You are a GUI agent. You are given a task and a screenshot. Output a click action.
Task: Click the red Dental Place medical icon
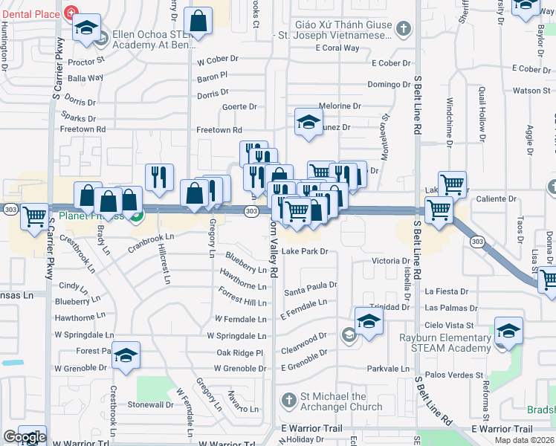(71, 13)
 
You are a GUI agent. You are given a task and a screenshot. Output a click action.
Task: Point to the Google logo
(24, 437)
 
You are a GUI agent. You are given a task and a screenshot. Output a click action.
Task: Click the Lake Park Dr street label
(305, 252)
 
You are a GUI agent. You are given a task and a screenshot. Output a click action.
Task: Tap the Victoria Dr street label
(391, 261)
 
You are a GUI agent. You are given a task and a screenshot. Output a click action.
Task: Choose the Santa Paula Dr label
(311, 285)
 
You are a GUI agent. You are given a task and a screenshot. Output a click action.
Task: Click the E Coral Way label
(337, 48)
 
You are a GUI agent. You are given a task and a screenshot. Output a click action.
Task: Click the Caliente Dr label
(496, 198)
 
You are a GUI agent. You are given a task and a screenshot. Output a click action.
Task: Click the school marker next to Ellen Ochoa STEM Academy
(87, 28)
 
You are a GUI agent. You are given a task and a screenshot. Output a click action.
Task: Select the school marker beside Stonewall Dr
(126, 357)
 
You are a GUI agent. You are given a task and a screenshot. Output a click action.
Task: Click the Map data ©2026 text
(523, 440)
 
